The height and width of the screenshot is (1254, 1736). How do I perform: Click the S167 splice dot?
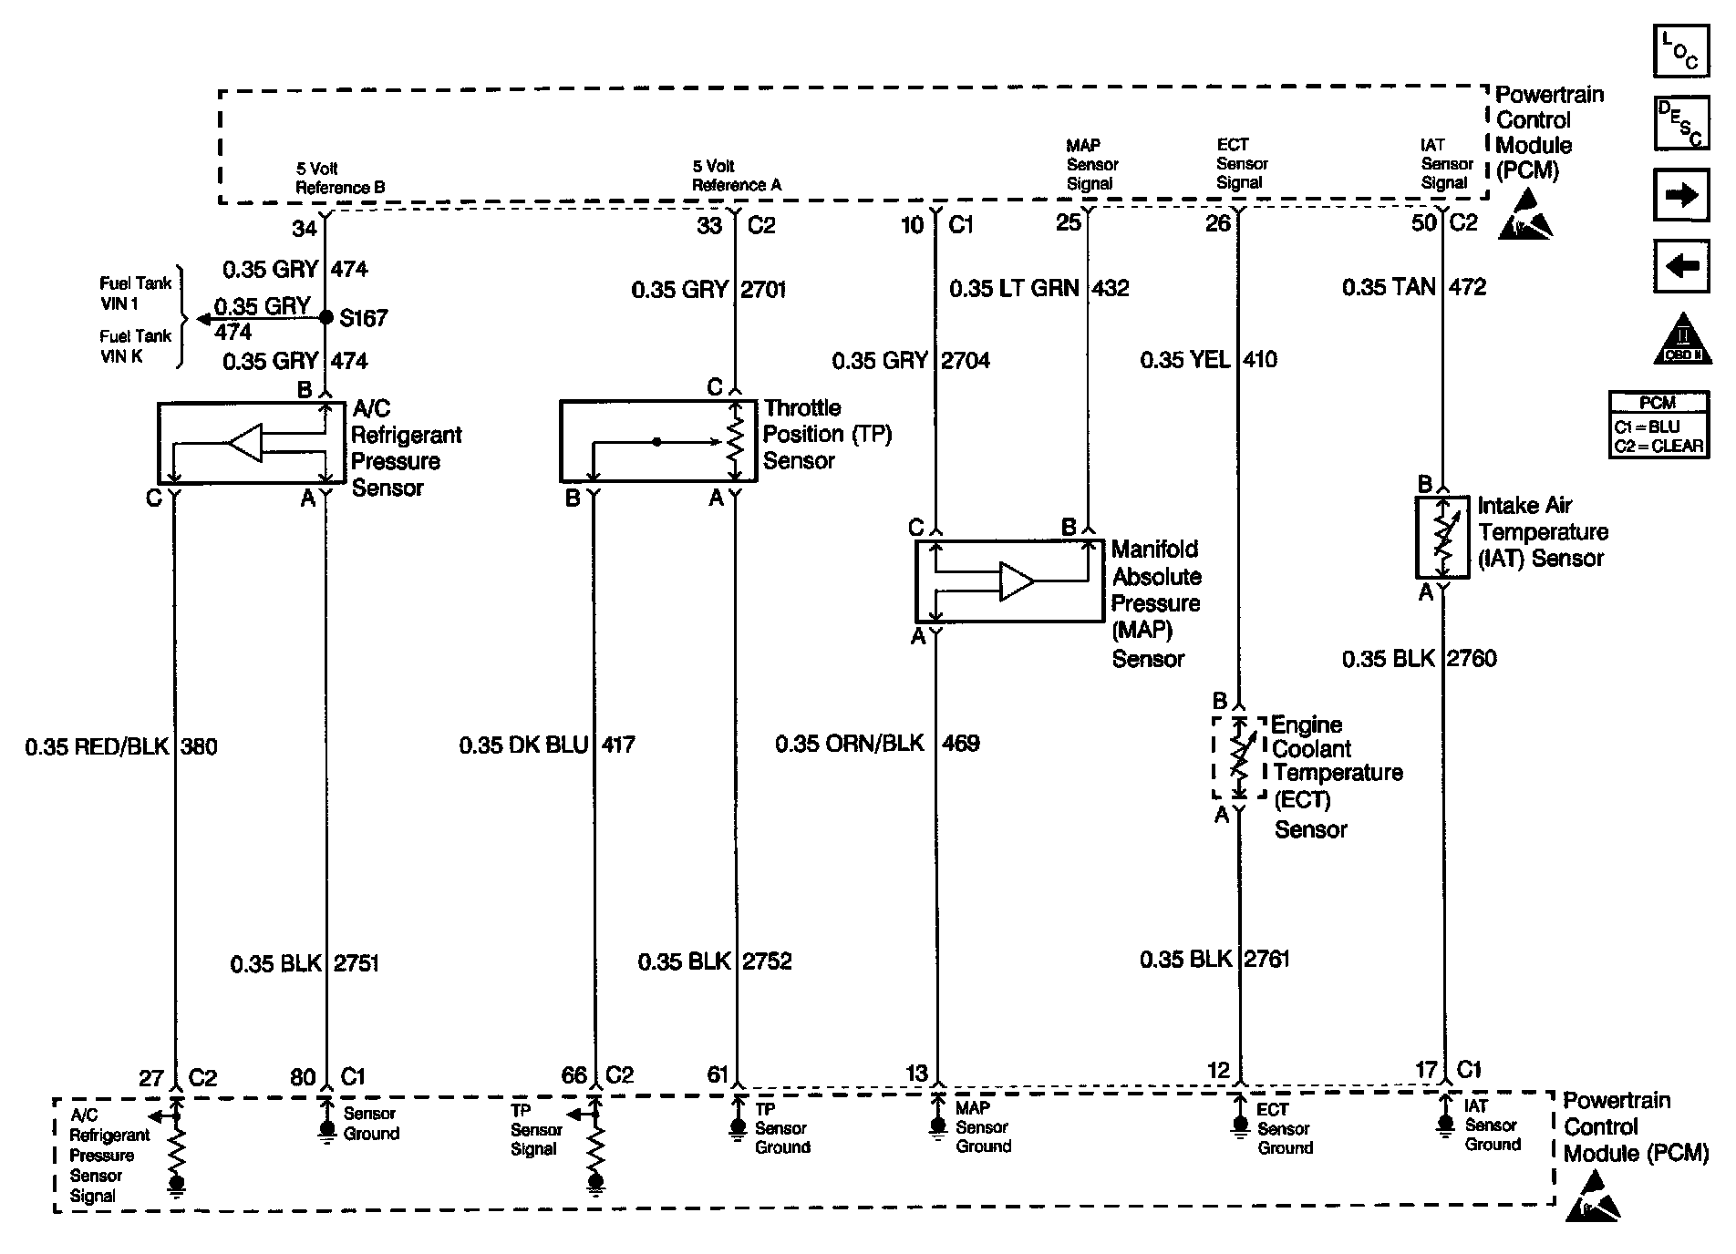[x=325, y=318]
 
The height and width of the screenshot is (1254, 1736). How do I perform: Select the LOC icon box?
[x=1680, y=51]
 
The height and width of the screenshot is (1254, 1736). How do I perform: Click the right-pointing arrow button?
[x=1680, y=195]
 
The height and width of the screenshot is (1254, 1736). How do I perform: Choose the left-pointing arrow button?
[x=1680, y=267]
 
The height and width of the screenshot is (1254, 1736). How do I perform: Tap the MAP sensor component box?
[x=1008, y=581]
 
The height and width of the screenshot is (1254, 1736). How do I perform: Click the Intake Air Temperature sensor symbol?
[x=1442, y=537]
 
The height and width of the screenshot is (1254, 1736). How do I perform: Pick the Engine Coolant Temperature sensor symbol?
[x=1238, y=757]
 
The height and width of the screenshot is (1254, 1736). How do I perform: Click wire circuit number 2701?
[x=764, y=290]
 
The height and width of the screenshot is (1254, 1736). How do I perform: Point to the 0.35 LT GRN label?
[x=1014, y=289]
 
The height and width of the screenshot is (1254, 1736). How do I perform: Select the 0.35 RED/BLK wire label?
[x=97, y=747]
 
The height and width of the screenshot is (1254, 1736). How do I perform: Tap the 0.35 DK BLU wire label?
[x=523, y=745]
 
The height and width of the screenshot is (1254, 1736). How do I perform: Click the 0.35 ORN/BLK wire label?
[x=849, y=744]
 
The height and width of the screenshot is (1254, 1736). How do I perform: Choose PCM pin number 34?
[x=304, y=227]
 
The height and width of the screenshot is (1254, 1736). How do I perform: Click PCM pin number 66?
[x=573, y=1076]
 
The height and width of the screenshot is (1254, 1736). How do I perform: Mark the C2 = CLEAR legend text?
[x=1658, y=446]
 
